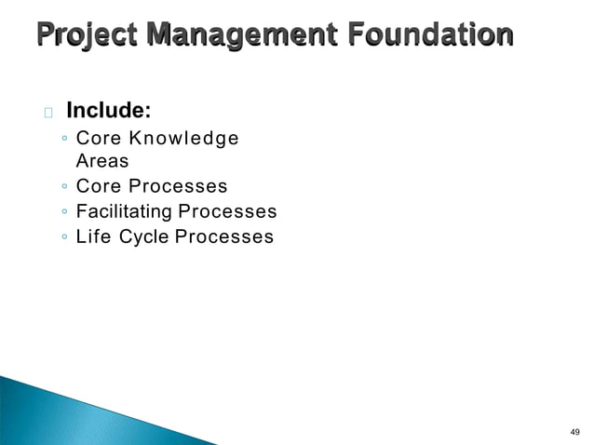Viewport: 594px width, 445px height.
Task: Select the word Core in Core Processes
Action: [98, 186]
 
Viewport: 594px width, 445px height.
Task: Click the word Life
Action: [93, 236]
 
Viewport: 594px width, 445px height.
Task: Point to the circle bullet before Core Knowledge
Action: [61, 140]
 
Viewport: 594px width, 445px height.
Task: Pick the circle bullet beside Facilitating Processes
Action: [61, 212]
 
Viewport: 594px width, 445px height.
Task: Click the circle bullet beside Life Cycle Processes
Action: [61, 237]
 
